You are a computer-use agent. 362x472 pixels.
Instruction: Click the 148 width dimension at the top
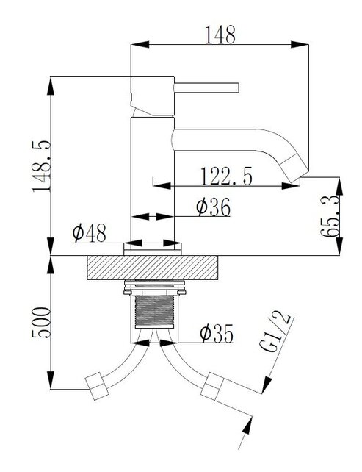pyautogui.click(x=220, y=35)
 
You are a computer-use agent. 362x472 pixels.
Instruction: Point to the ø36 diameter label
pyautogui.click(x=213, y=209)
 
